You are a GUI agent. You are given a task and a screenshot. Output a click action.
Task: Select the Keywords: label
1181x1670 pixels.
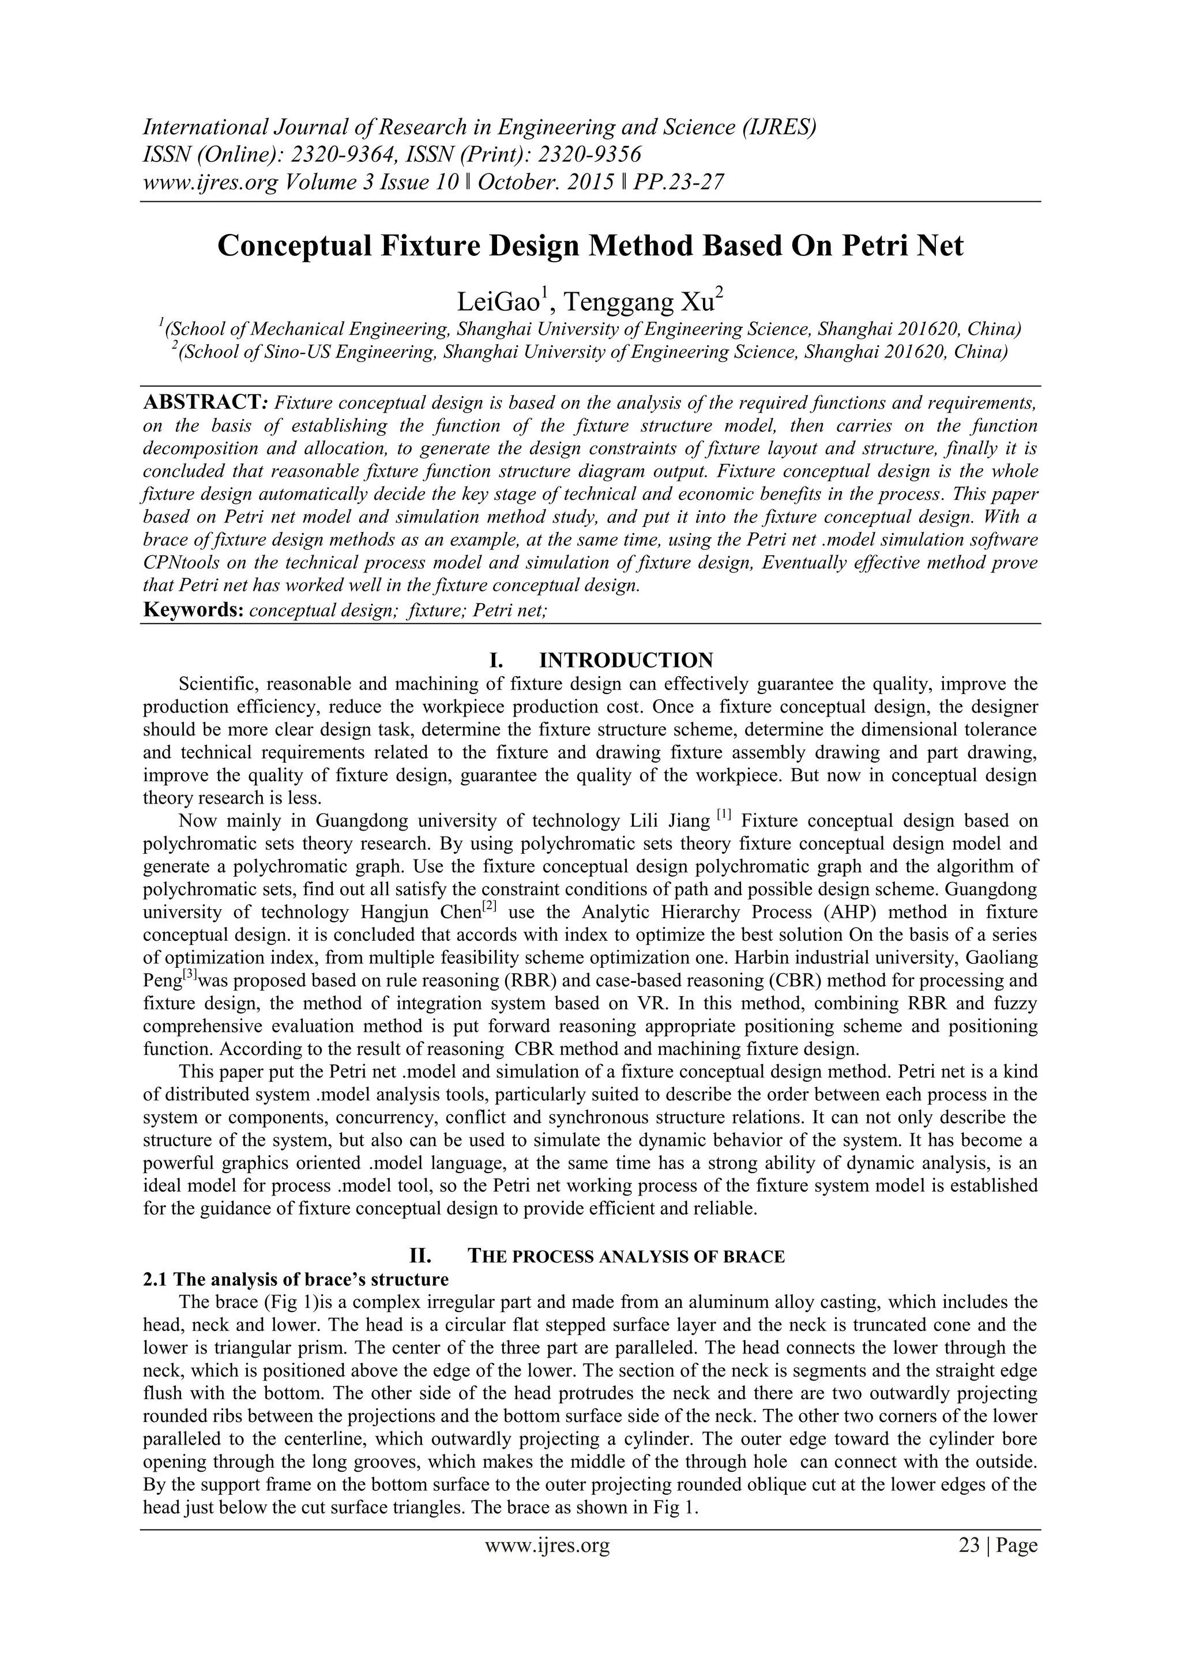193,610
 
